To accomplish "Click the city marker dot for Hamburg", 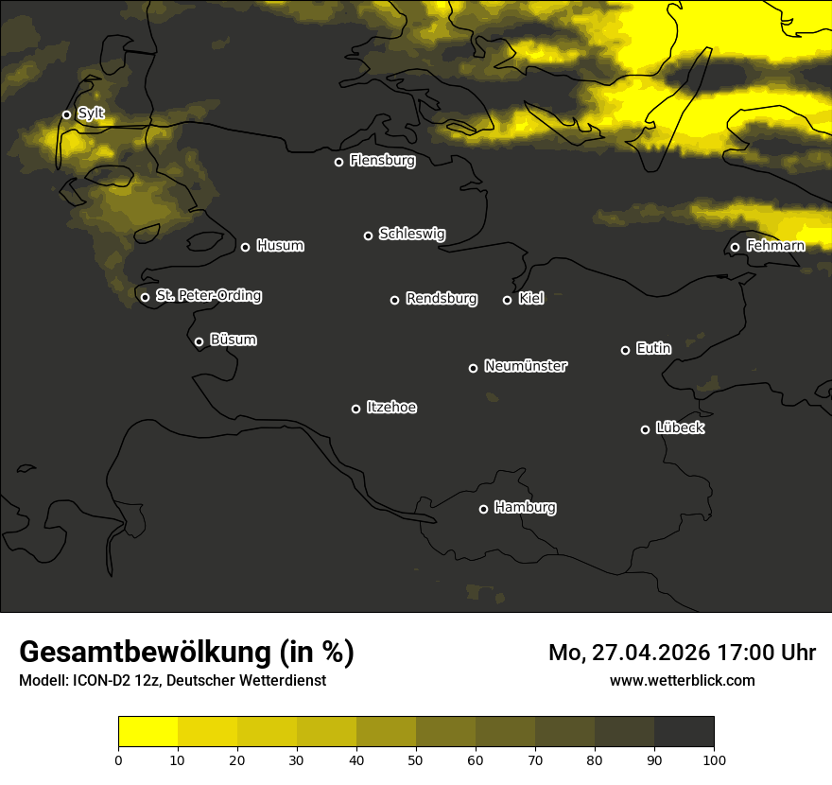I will [483, 509].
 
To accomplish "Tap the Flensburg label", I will [382, 161].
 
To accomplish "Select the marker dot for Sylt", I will [66, 114].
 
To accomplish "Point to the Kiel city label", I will [531, 299].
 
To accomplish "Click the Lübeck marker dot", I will [645, 429].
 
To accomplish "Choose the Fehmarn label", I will [775, 246].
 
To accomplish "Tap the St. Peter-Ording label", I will [208, 296].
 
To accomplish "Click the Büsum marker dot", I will [199, 342].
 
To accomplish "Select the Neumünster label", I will [526, 366].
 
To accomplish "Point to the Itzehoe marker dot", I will [355, 409].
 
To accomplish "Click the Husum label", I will [280, 246].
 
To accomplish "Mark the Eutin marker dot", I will [625, 350].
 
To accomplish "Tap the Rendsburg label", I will [442, 299].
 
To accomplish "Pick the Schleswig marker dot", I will [368, 235].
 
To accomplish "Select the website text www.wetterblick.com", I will [682, 680].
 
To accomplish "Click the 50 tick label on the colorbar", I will [416, 759].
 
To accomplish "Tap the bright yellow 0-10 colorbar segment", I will [147, 732].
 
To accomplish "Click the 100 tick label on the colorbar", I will [714, 759].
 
